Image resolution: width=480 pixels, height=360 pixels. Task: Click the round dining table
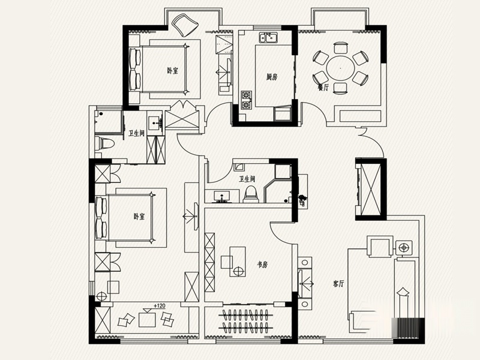[x=340, y=68]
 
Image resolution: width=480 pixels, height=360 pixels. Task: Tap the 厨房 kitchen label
[x=272, y=77]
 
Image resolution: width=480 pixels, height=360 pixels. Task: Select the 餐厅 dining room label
[x=323, y=88]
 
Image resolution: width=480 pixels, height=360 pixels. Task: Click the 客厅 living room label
[x=338, y=283]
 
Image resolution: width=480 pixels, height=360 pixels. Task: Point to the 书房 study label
[x=263, y=265]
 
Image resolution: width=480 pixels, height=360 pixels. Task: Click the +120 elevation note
[x=159, y=305]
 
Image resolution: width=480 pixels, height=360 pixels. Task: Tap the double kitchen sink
[x=268, y=38]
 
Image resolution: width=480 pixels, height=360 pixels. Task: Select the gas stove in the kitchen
[x=247, y=100]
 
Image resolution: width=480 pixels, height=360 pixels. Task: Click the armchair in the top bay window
[x=185, y=25]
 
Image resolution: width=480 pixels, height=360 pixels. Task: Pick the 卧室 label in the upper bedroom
[x=172, y=71]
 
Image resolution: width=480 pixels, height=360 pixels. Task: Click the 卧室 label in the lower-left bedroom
[x=139, y=217]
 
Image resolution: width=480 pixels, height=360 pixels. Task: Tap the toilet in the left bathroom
[x=104, y=143]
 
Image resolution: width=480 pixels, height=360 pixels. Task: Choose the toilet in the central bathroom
[x=251, y=194]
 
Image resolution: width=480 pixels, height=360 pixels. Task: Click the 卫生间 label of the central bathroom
[x=247, y=179]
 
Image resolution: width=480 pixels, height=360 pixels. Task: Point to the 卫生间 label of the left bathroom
[x=136, y=133]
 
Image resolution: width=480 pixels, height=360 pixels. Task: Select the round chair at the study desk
[x=239, y=271]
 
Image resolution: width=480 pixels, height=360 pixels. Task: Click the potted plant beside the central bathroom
[x=302, y=199]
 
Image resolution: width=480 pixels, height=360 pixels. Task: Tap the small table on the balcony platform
[x=147, y=319]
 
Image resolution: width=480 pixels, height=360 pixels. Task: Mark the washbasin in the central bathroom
[x=221, y=197]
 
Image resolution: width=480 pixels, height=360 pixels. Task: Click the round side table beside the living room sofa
[x=404, y=248]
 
